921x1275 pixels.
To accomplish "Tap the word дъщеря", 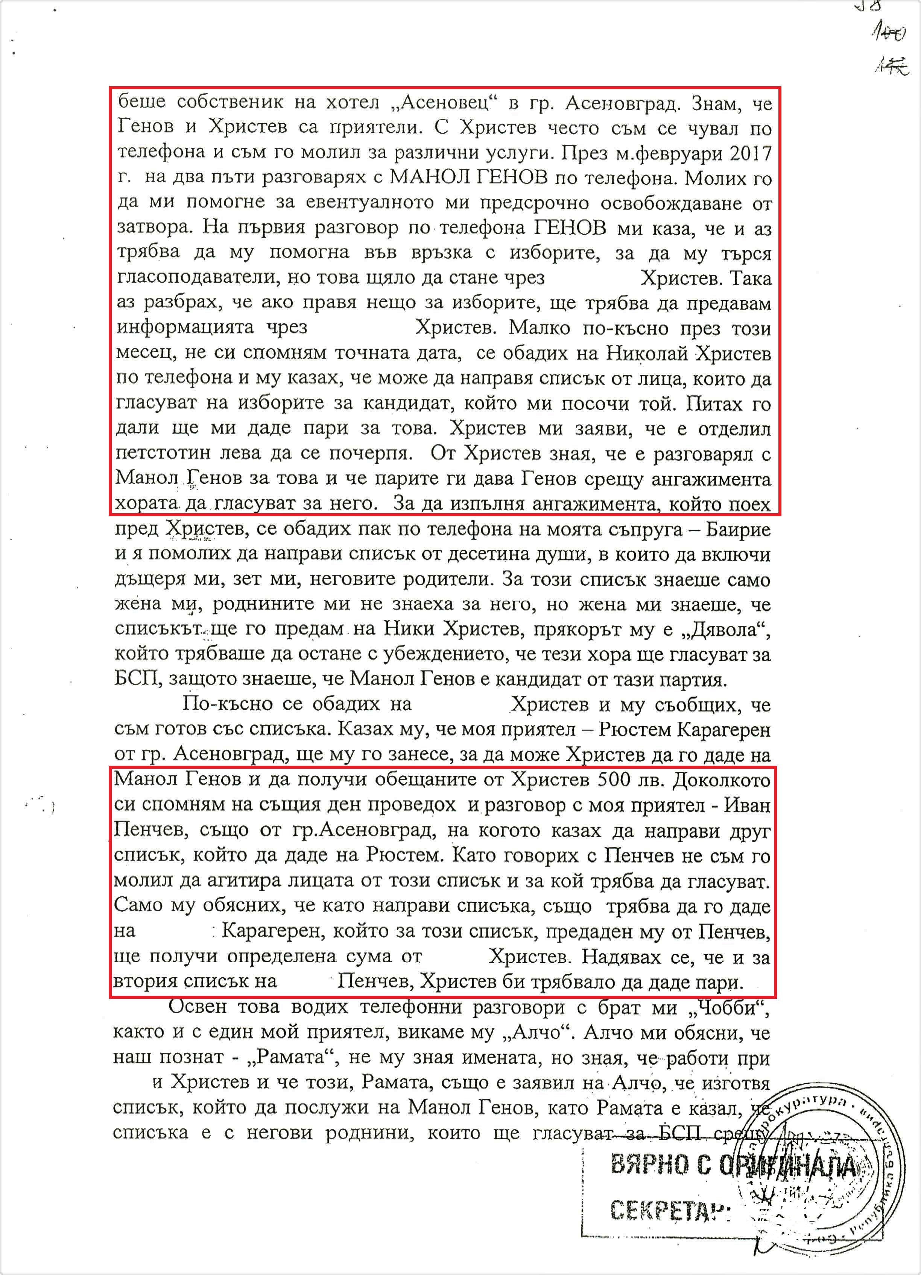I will coord(146,580).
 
